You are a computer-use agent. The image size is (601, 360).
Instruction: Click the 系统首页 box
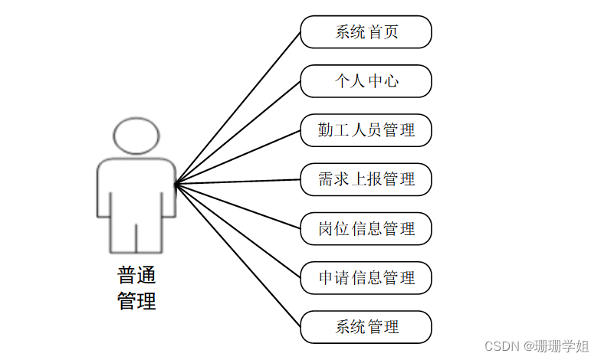click(x=366, y=32)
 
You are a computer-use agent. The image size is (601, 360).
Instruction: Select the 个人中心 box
click(x=366, y=81)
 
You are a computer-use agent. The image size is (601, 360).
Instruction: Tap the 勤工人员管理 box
click(x=366, y=130)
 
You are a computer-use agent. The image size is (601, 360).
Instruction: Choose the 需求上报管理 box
click(x=366, y=179)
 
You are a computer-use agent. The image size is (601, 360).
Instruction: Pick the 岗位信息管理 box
click(x=366, y=228)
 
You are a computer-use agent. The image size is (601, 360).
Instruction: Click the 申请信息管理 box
click(x=366, y=277)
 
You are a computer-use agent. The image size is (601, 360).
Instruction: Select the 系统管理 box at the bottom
click(x=366, y=327)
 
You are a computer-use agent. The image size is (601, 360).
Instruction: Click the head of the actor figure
click(x=136, y=136)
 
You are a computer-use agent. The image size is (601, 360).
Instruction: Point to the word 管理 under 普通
click(x=136, y=301)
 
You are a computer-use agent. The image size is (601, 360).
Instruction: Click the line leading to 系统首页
click(x=238, y=107)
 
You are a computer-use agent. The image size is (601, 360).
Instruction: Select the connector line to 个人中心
click(x=238, y=132)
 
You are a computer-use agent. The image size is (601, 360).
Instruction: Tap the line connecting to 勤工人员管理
click(x=238, y=156)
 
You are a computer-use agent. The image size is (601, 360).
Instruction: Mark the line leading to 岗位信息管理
click(x=238, y=206)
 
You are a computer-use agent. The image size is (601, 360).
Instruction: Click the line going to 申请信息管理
click(x=238, y=231)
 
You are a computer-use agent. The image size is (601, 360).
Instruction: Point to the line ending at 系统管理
click(x=238, y=255)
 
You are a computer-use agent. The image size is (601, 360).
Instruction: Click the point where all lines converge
click(x=176, y=183)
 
